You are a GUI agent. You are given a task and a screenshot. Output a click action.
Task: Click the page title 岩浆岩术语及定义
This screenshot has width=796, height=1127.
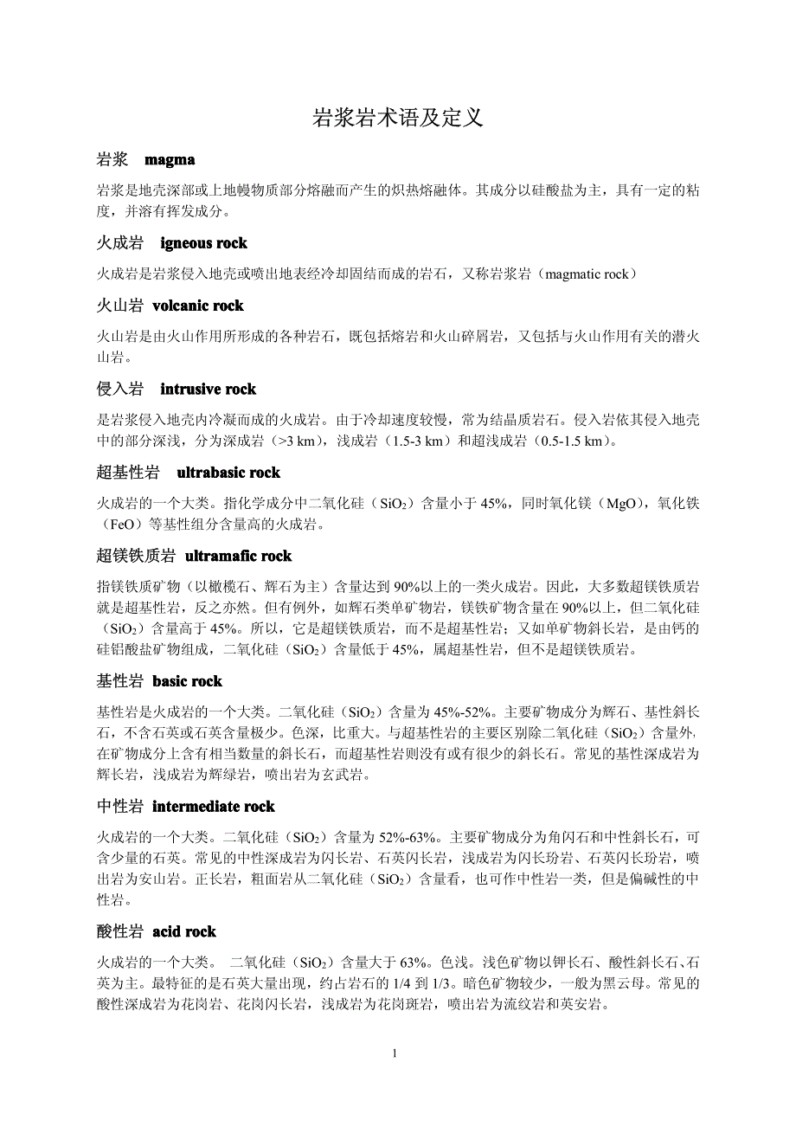tap(397, 118)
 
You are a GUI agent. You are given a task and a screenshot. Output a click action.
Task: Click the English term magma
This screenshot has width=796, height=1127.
tap(170, 159)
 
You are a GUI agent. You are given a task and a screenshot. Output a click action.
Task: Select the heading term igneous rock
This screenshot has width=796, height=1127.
tap(203, 243)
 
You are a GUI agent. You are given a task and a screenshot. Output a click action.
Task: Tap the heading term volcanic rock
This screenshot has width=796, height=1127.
tap(197, 306)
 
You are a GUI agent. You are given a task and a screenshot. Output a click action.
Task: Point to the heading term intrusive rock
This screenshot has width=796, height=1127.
tap(208, 390)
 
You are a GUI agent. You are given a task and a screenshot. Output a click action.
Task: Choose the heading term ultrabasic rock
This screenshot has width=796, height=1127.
tap(228, 473)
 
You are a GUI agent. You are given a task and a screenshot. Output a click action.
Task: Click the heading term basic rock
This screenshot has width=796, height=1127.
tap(187, 681)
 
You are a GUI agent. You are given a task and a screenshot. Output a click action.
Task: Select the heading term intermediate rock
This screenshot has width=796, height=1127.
tap(213, 807)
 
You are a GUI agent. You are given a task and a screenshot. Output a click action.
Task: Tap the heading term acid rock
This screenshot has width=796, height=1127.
tap(183, 932)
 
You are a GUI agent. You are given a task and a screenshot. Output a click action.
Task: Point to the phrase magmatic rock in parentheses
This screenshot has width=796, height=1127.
tap(593, 274)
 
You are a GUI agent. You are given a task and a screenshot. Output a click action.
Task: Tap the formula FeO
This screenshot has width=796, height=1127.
tap(125, 525)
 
